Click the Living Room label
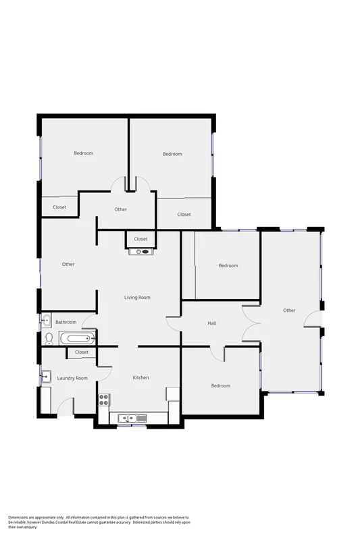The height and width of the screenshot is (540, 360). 137,298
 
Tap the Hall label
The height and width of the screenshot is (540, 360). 212,324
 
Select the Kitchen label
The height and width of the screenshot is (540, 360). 140,377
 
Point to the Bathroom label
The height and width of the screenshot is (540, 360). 66,323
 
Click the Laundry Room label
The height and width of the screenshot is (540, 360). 72,379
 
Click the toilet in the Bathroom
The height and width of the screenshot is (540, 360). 48,337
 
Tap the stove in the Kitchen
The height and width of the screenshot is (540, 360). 105,399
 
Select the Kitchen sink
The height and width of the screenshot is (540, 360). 126,419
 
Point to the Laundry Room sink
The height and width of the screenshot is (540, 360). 46,377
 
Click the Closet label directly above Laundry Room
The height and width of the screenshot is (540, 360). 82,352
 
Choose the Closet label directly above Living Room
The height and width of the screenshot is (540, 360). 140,239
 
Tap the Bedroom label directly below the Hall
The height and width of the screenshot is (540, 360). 221,386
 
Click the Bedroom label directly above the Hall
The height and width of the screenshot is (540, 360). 228,266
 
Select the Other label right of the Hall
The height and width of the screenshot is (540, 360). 289,310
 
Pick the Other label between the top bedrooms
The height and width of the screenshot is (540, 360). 120,209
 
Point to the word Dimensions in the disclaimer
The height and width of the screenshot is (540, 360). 21,517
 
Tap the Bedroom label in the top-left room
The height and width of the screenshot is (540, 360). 83,153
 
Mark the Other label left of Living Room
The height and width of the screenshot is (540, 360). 68,264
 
